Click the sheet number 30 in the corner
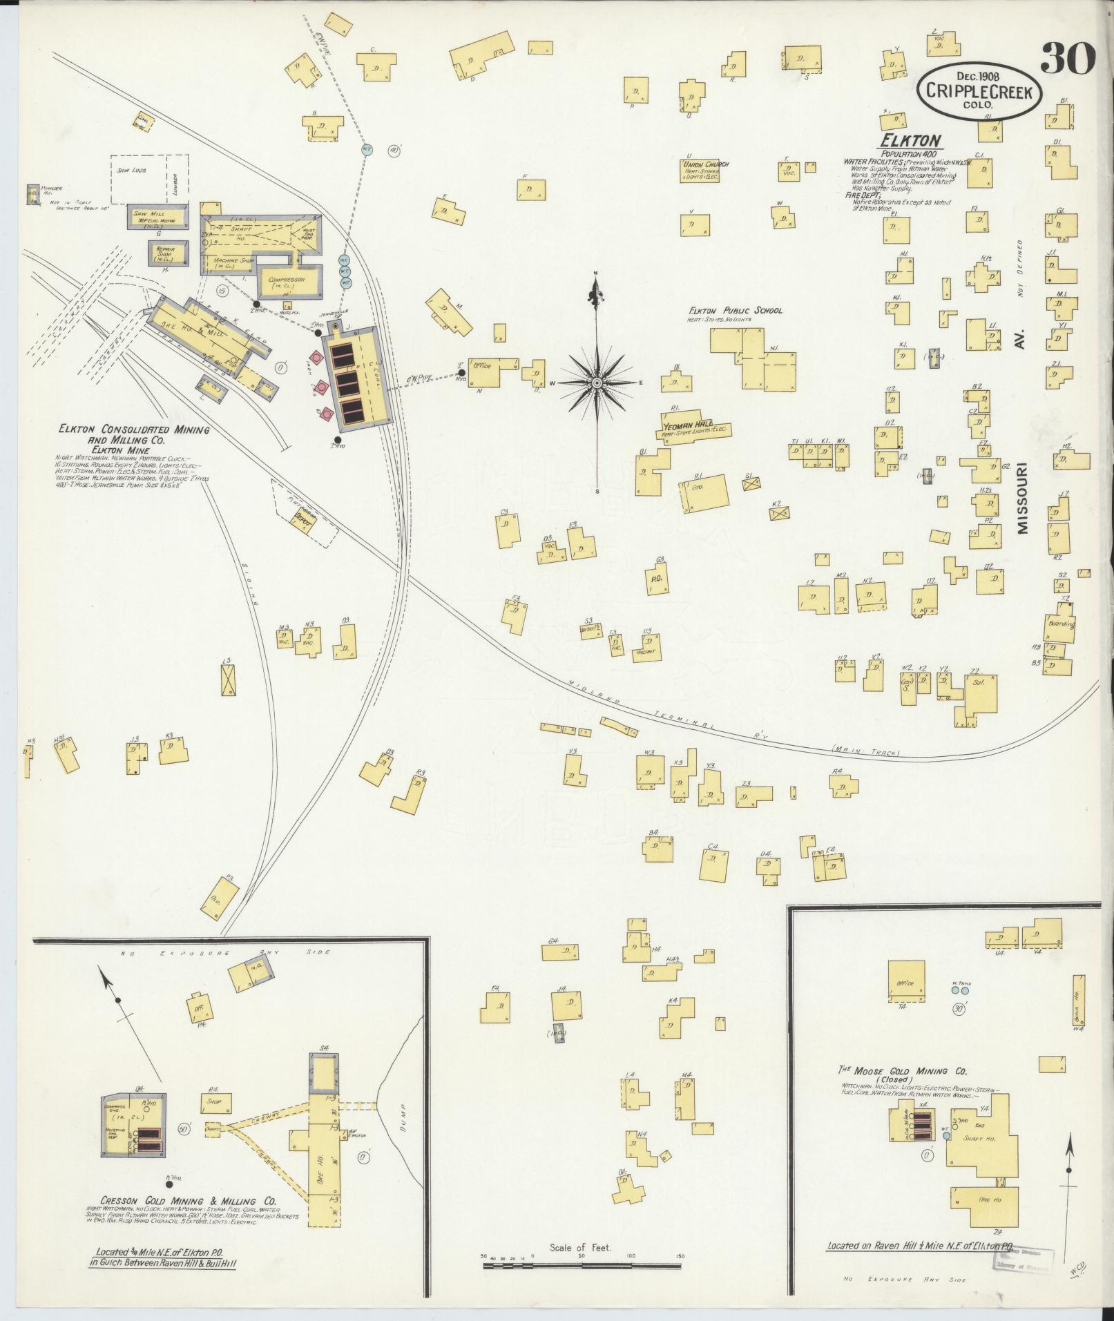tap(1068, 58)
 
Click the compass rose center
tap(596, 382)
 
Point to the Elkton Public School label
tap(735, 311)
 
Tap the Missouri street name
tap(1022, 497)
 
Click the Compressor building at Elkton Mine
tap(289, 282)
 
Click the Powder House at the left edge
tap(32, 195)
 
